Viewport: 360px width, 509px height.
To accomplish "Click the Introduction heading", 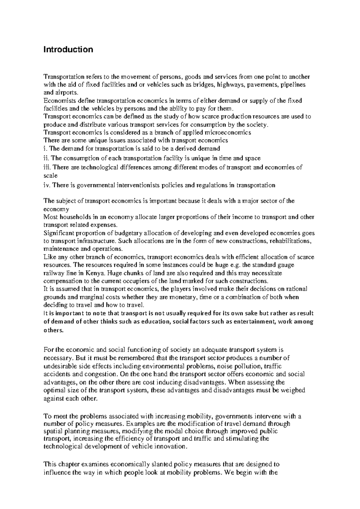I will pyautogui.click(x=68, y=49).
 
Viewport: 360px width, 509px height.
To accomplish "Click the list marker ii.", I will pyautogui.click(x=47, y=158).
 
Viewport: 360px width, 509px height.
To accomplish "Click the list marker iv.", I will pyautogui.click(x=47, y=185).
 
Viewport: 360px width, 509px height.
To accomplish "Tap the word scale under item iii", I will pyautogui.click(x=50, y=176).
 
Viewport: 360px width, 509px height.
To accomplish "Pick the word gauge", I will pyautogui.click(x=286, y=265).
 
